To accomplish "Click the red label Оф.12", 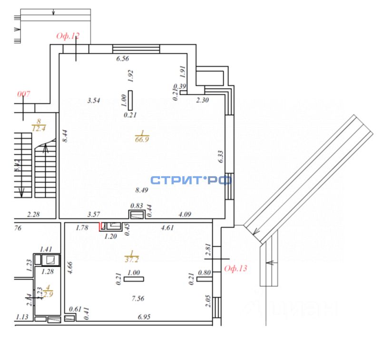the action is coord(68,36).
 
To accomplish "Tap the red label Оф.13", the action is coord(236,268).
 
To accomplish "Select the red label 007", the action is coord(24,94).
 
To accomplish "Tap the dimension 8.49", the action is coord(142,190).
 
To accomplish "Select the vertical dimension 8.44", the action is coord(65,137).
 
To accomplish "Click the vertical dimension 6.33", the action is coord(220,157).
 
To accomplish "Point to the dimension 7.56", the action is coord(137,299).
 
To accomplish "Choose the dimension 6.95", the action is coord(144,317).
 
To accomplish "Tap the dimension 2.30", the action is coord(203,100).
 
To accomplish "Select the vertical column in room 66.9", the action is coord(130,100).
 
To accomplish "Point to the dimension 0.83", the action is coord(137,205).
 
